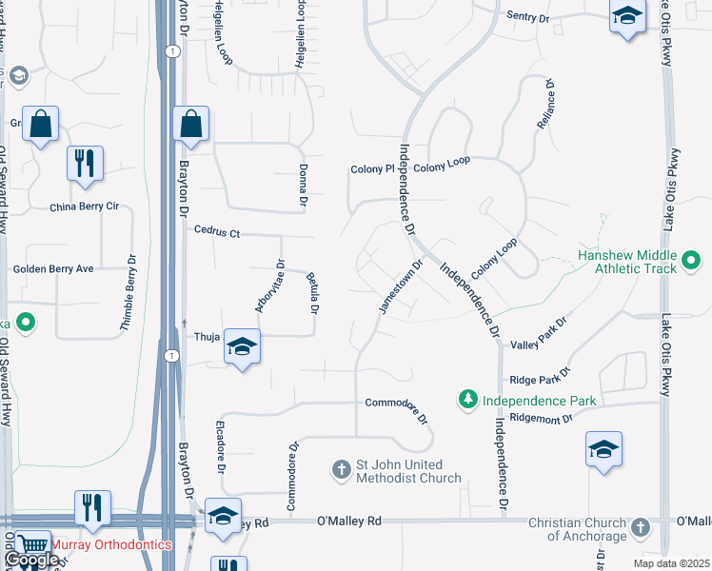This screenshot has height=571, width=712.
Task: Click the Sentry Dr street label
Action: coord(529,16)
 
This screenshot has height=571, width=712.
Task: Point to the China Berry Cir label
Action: coord(85,207)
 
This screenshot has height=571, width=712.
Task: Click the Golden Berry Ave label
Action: coord(53,269)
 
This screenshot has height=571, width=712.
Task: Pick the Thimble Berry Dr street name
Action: coord(128,292)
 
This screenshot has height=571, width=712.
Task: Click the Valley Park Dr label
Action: coord(539,334)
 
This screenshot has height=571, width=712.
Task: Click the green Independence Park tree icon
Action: coord(467,399)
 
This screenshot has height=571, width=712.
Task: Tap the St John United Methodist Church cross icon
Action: coord(342,469)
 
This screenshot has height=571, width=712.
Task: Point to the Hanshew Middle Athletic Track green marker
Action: coord(692,259)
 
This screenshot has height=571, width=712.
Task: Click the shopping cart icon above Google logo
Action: coord(33,544)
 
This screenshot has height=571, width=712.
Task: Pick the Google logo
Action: coord(31,561)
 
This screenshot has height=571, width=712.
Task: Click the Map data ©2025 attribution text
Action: coord(671,563)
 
